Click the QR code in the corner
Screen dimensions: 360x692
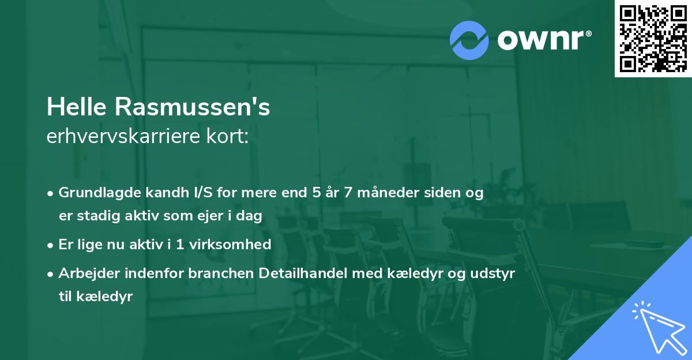coord(653,39)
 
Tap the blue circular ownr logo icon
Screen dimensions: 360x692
coord(469,40)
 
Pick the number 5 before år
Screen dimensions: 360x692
coord(317,193)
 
